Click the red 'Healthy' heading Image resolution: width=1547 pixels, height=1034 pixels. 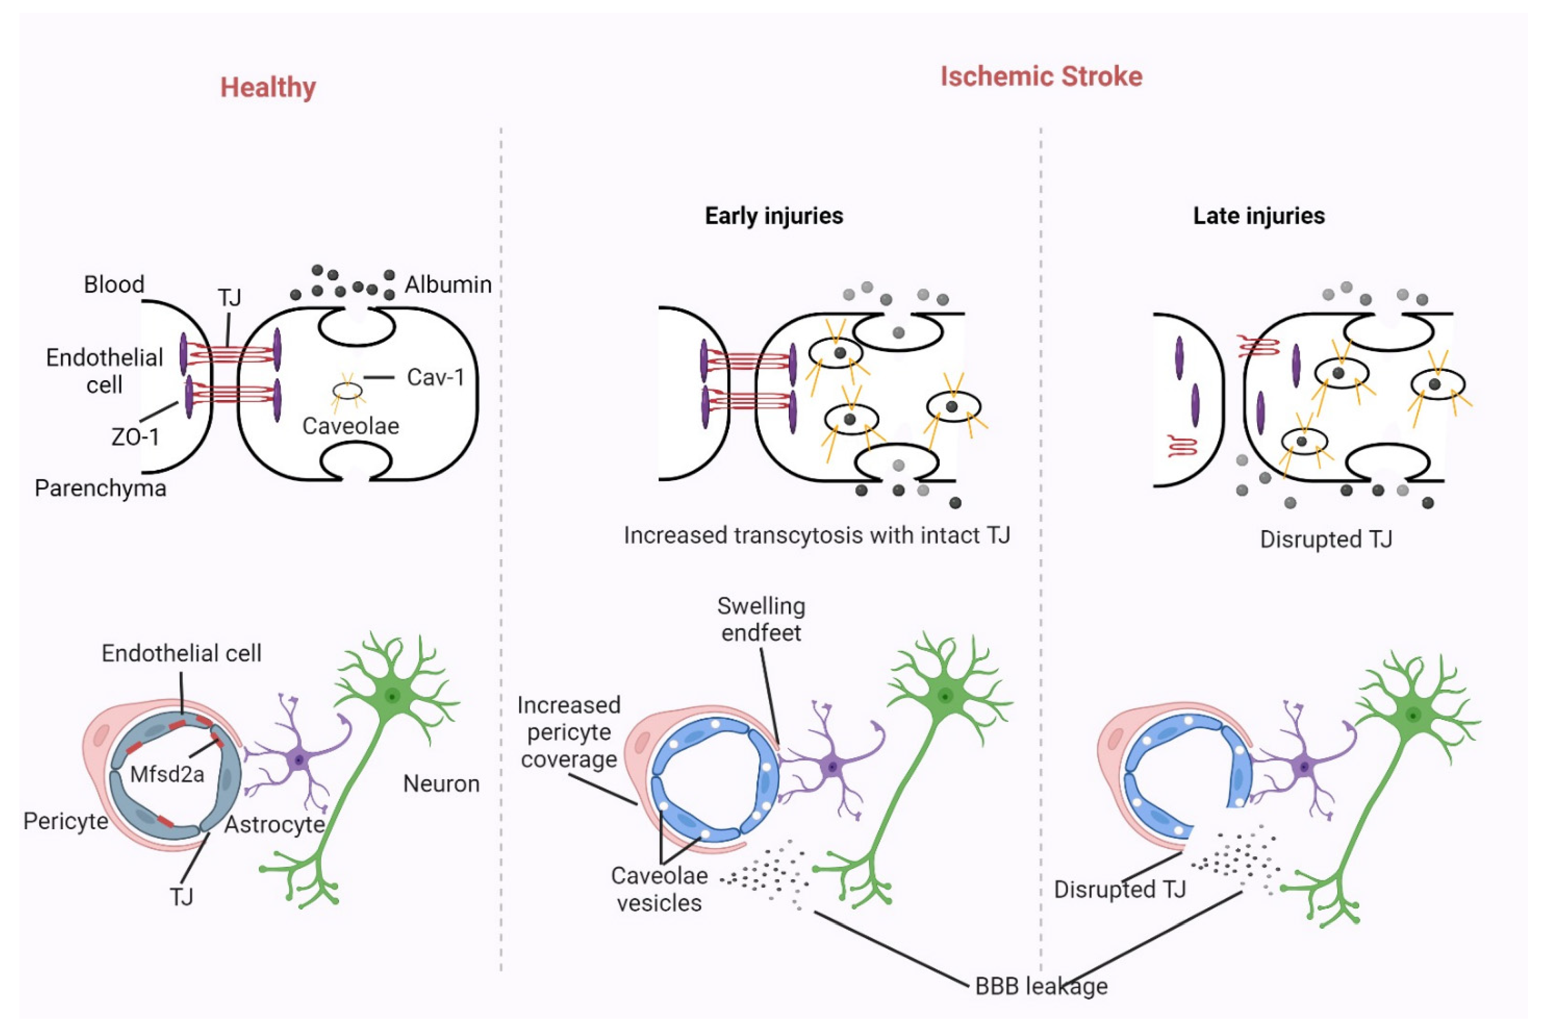pyautogui.click(x=268, y=88)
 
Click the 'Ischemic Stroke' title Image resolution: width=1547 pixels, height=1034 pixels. pyautogui.click(x=1041, y=76)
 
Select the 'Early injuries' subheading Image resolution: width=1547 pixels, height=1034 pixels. pyautogui.click(x=773, y=215)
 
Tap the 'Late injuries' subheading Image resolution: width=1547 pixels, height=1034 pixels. pyautogui.click(x=1258, y=215)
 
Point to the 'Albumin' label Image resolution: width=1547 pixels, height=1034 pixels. pyautogui.click(x=448, y=285)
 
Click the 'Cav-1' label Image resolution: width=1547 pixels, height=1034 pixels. pyautogui.click(x=435, y=377)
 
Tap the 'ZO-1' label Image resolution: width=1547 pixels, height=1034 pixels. pyautogui.click(x=135, y=437)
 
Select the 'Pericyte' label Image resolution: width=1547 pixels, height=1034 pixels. pyautogui.click(x=65, y=821)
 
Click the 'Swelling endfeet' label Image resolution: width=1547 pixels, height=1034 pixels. pyautogui.click(x=761, y=619)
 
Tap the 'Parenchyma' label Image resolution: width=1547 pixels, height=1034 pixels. pyautogui.click(x=100, y=489)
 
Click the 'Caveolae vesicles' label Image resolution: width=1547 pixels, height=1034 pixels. pyautogui.click(x=659, y=889)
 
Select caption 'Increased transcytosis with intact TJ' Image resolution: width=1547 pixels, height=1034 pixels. pyautogui.click(x=816, y=535)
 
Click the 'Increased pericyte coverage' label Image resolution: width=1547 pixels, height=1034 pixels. pyautogui.click(x=568, y=732)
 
